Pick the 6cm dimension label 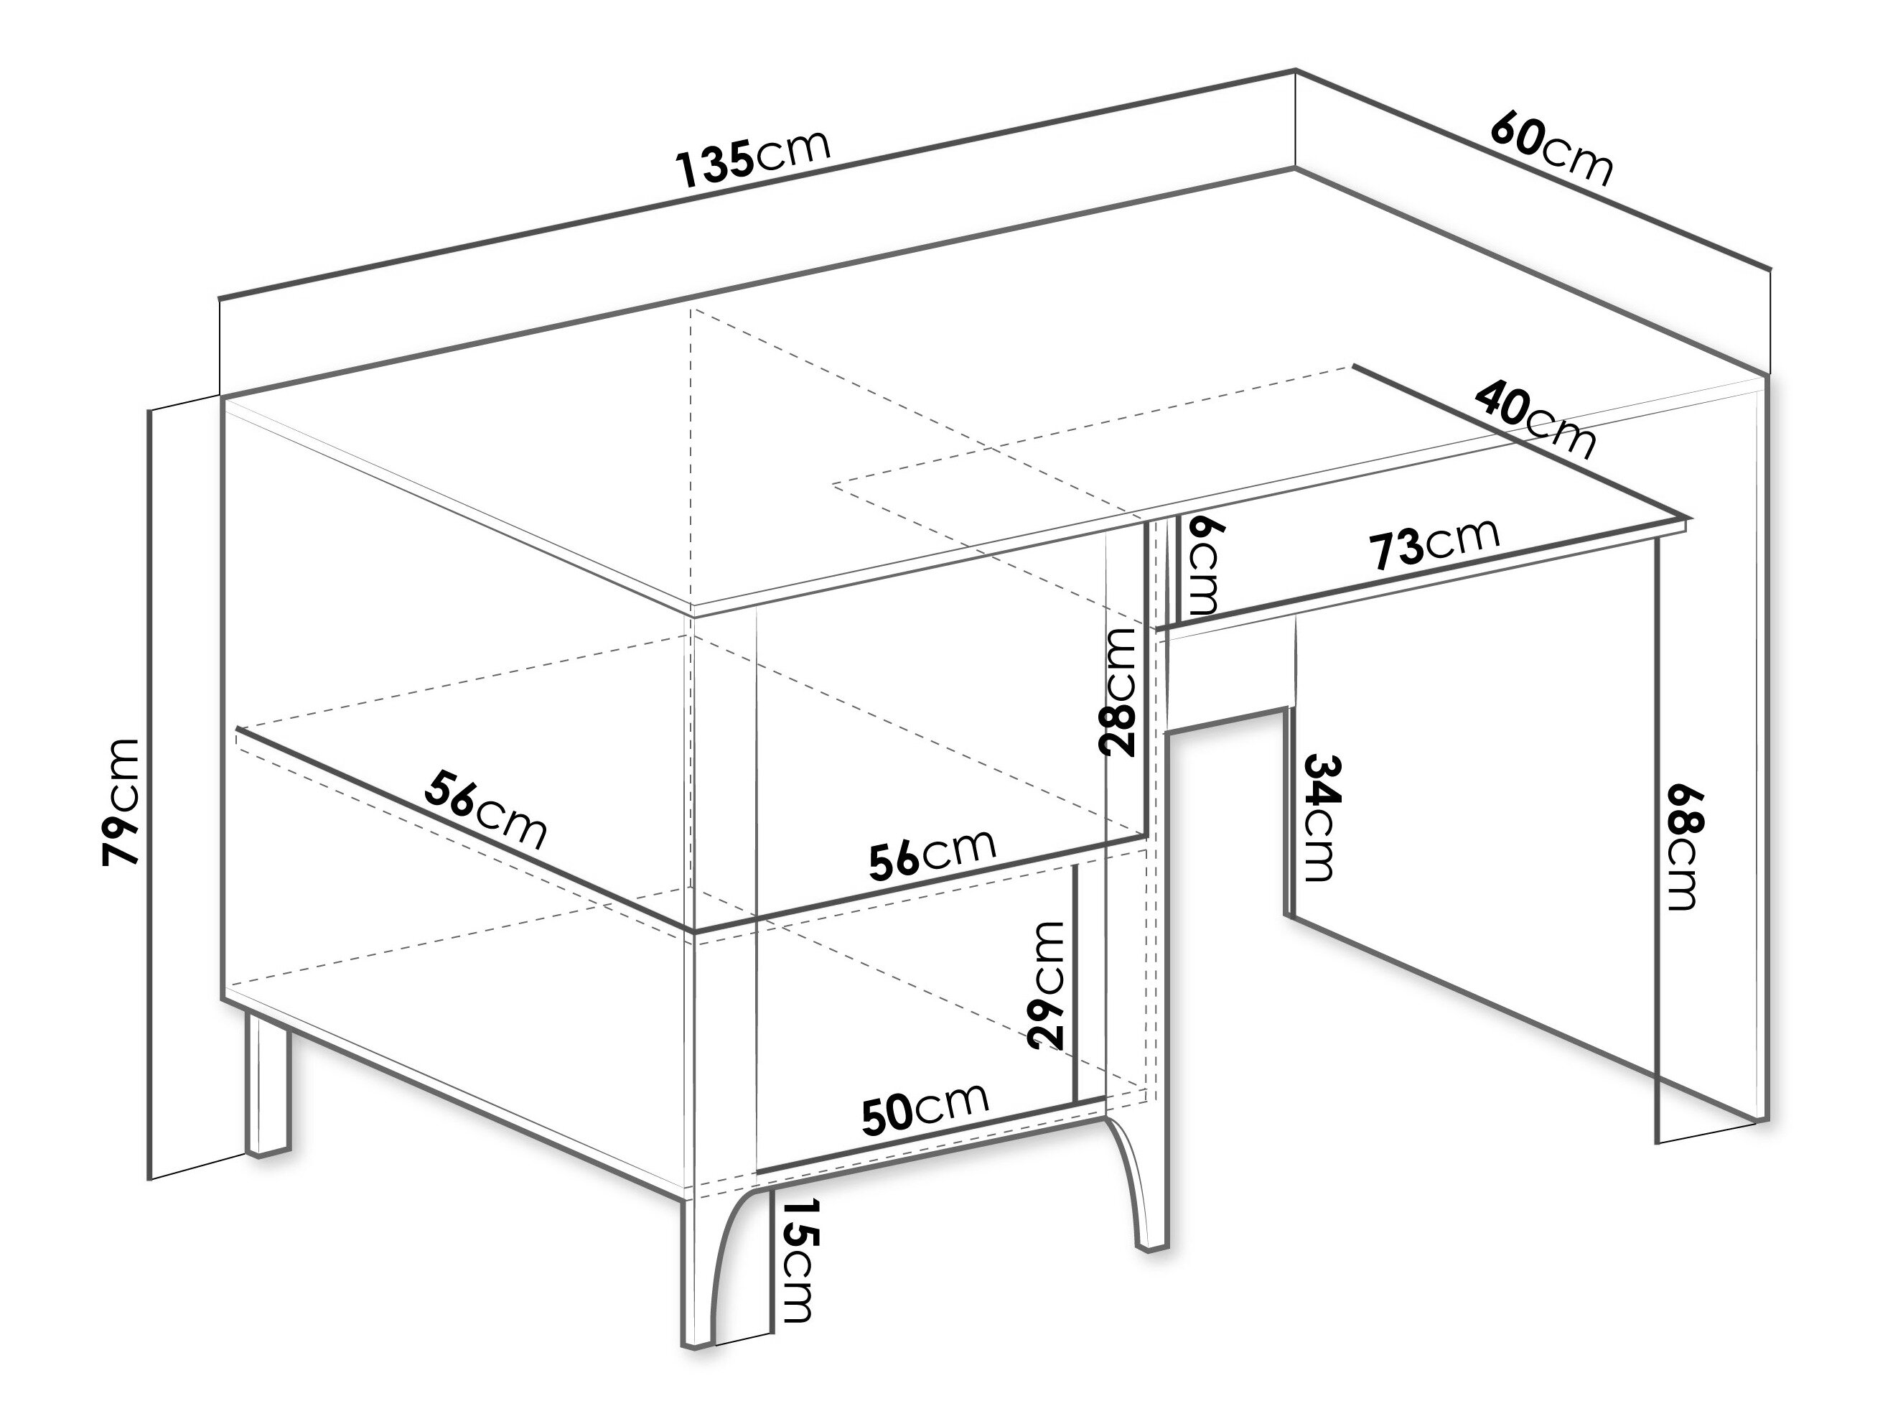(x=1199, y=566)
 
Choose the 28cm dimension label (x=1117, y=691)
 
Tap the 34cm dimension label (x=1319, y=817)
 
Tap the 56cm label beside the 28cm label (x=932, y=854)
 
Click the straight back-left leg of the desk (x=268, y=1085)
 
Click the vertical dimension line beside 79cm (x=150, y=794)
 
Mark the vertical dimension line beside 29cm (x=1075, y=984)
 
